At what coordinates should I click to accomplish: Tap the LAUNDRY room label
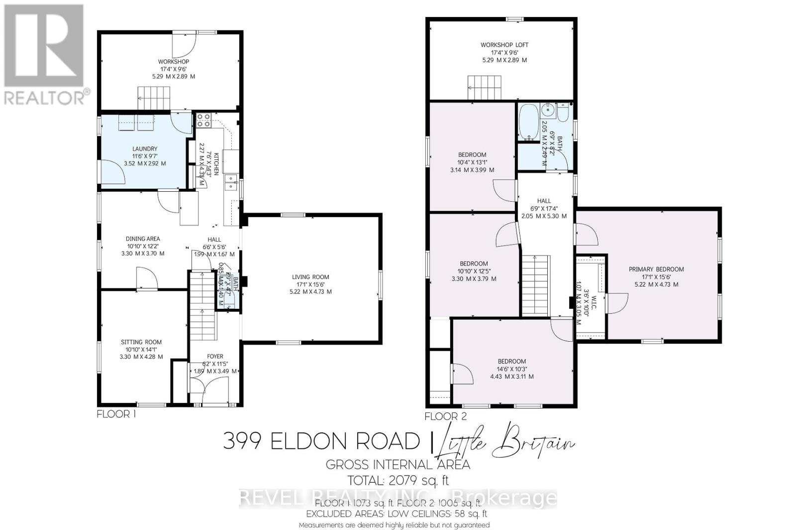click(145, 148)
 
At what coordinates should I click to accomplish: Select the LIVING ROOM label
click(310, 277)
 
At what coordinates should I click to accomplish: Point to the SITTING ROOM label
click(141, 342)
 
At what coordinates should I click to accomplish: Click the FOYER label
click(215, 356)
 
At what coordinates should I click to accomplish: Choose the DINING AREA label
click(142, 239)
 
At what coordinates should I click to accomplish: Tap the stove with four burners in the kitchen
click(203, 120)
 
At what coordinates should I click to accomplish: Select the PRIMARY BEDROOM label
click(656, 269)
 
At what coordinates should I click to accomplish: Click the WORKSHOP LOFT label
click(504, 45)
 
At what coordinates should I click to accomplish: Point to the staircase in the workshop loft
click(484, 88)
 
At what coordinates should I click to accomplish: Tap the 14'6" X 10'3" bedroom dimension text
click(511, 369)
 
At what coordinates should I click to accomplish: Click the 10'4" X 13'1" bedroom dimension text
click(473, 162)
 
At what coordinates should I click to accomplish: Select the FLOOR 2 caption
click(446, 416)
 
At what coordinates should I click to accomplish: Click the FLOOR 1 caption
click(116, 414)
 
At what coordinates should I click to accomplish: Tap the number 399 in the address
click(242, 441)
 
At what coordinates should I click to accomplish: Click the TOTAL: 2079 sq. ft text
click(398, 481)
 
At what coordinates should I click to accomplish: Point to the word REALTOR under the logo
click(44, 98)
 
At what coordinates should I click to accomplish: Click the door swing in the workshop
click(182, 46)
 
